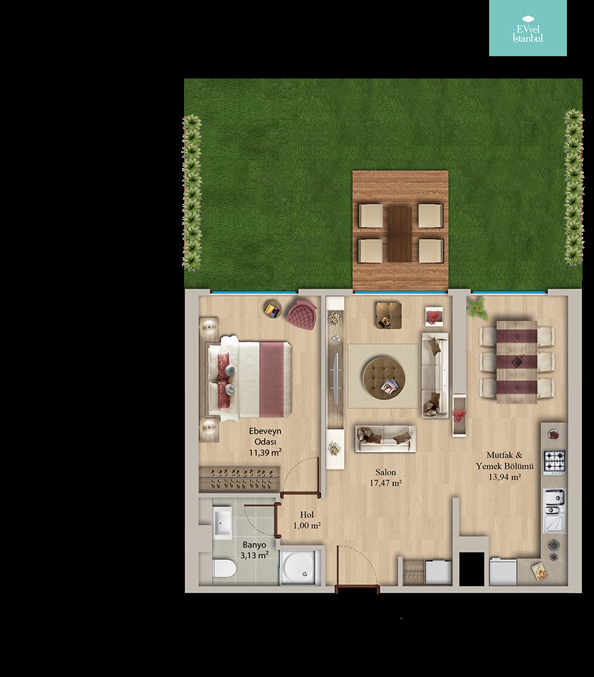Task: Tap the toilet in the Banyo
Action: pos(225,568)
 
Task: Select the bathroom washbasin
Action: pos(223,523)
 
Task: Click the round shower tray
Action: pos(301,567)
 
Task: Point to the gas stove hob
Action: pos(554,460)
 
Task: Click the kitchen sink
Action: pos(554,510)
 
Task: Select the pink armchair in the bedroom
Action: pos(302,315)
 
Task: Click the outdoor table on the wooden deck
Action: pos(400,234)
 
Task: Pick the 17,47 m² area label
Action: pos(386,483)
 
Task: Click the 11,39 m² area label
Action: pos(265,452)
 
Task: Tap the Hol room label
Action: pos(306,515)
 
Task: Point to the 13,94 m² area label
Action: pos(505,477)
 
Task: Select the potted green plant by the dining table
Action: pos(476,307)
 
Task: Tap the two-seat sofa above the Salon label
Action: pos(385,439)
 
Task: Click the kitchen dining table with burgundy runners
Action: pos(517,362)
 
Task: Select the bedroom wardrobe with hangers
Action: pos(239,479)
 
